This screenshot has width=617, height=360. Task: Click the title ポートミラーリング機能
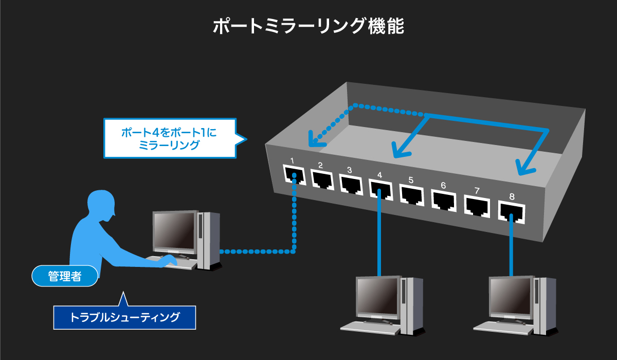[308, 26]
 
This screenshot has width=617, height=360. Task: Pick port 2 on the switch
[322, 179]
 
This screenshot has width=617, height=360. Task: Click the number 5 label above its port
[411, 180]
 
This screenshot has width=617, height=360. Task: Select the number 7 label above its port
[477, 191]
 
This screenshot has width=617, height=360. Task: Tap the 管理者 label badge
[65, 276]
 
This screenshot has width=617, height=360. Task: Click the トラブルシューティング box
[125, 317]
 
